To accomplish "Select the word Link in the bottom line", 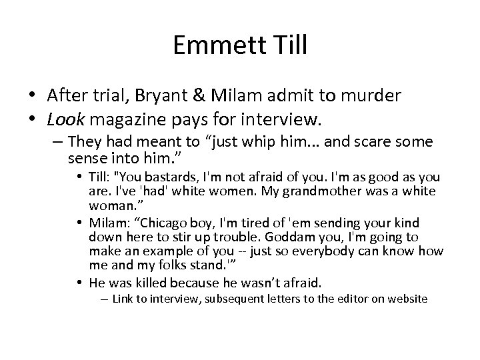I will [123, 299].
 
